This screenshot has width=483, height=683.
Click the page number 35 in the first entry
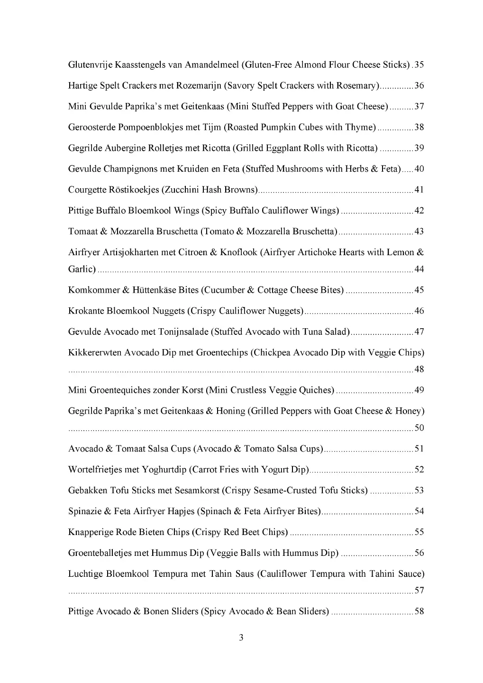(x=419, y=65)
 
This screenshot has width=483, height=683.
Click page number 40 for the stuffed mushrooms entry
(x=419, y=169)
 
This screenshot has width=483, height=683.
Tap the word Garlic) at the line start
(x=82, y=269)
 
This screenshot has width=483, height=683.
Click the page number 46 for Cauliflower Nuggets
(x=419, y=311)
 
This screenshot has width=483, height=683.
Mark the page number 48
(x=419, y=369)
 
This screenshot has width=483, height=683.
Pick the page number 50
(x=419, y=428)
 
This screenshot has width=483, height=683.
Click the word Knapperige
(x=91, y=533)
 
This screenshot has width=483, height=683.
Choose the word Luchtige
(x=85, y=574)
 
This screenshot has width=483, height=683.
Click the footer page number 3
(x=241, y=638)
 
